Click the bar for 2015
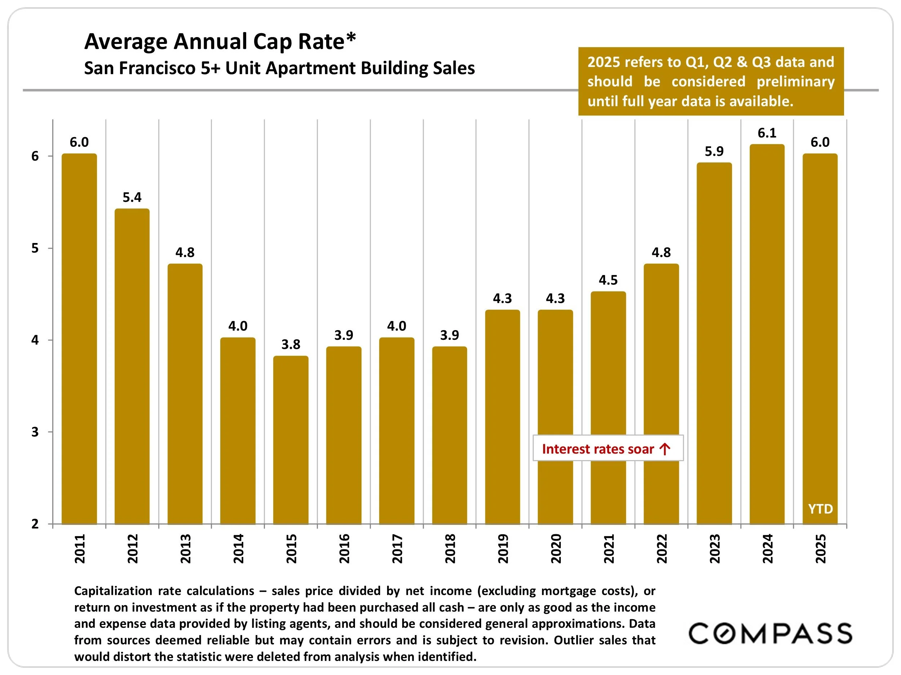coord(290,440)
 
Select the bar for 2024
coord(767,334)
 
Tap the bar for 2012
coord(132,366)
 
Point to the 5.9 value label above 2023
coord(714,151)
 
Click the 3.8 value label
coord(291,345)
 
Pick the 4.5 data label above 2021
coord(608,280)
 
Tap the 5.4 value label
coord(132,197)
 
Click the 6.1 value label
coord(767,133)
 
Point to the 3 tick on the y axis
coord(35,432)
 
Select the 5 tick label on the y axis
coord(35,248)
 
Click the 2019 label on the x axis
coord(503,549)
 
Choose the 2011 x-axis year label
coord(80,549)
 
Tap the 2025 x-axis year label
coord(820,549)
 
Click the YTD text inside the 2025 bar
coord(820,509)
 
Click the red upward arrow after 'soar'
coord(665,449)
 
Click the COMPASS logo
coord(770,633)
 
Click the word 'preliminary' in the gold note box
coord(795,81)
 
